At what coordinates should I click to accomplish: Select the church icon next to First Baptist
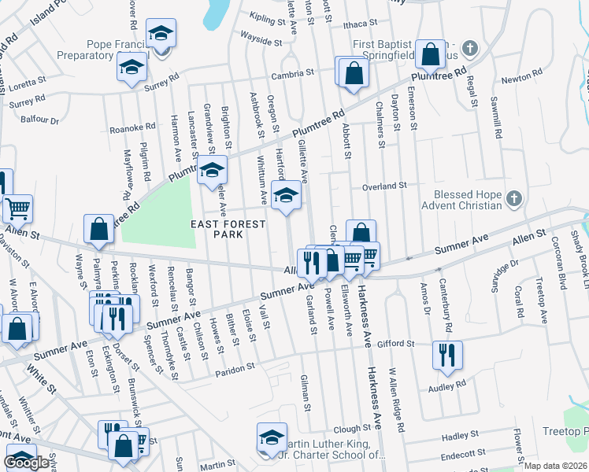(x=469, y=47)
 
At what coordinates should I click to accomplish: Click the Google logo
(x=26, y=463)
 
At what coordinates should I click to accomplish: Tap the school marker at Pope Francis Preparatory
(x=161, y=35)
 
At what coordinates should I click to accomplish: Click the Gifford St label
(x=395, y=344)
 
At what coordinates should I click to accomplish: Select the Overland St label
(x=383, y=186)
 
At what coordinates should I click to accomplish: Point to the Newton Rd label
(x=517, y=79)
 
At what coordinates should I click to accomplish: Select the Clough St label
(x=352, y=429)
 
